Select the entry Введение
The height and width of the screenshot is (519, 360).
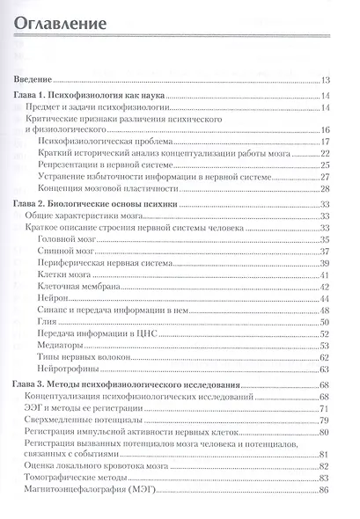tap(38, 78)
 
